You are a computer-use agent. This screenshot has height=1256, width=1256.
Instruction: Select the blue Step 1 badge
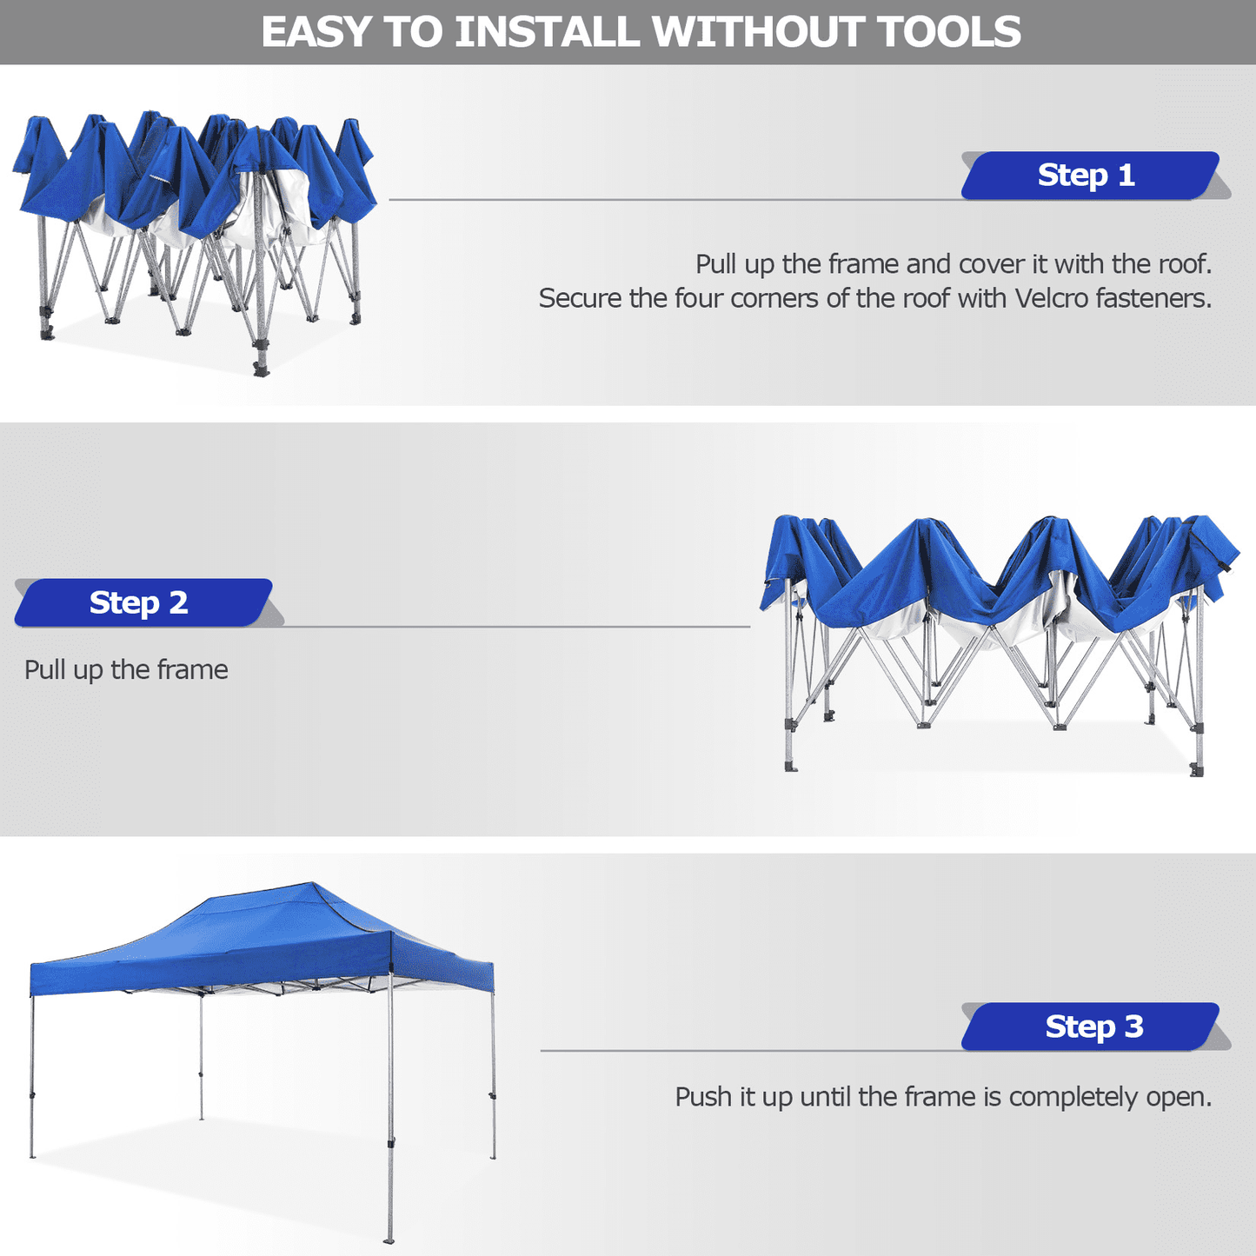pyautogui.click(x=1089, y=175)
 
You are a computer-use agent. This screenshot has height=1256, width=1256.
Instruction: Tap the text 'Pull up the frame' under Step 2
pyautogui.click(x=126, y=669)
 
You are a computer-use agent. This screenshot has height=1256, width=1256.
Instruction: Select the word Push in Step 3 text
pyautogui.click(x=704, y=1097)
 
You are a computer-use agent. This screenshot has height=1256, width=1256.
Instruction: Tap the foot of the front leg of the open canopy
pyautogui.click(x=389, y=1238)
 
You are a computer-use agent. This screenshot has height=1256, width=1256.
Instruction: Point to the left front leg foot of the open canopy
pyautogui.click(x=32, y=1154)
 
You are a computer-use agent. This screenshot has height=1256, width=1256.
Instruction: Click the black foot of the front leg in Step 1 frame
pyautogui.click(x=260, y=369)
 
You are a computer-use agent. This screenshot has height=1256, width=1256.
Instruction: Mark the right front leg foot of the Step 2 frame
pyautogui.click(x=1198, y=770)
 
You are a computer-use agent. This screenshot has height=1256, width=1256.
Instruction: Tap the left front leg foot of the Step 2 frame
pyautogui.click(x=791, y=767)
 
